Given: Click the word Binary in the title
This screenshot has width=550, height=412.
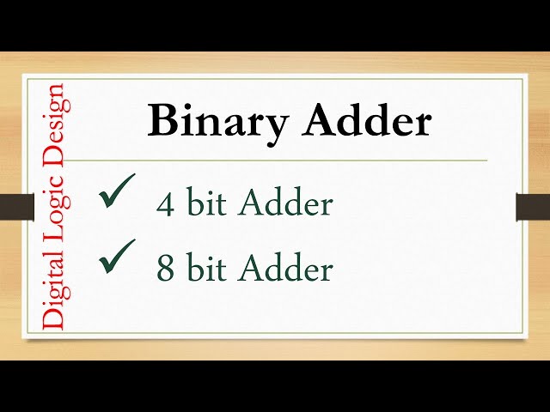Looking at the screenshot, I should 218,122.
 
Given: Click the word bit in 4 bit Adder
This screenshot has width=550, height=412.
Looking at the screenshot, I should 206,204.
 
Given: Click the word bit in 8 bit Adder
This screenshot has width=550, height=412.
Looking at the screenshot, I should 206,269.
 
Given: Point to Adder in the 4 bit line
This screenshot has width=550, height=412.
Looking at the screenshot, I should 285,204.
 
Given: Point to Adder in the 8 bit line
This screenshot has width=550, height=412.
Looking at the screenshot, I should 285,269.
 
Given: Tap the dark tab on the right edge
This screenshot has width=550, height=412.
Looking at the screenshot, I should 532,207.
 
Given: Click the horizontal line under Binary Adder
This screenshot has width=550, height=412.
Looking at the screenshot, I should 275,160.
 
